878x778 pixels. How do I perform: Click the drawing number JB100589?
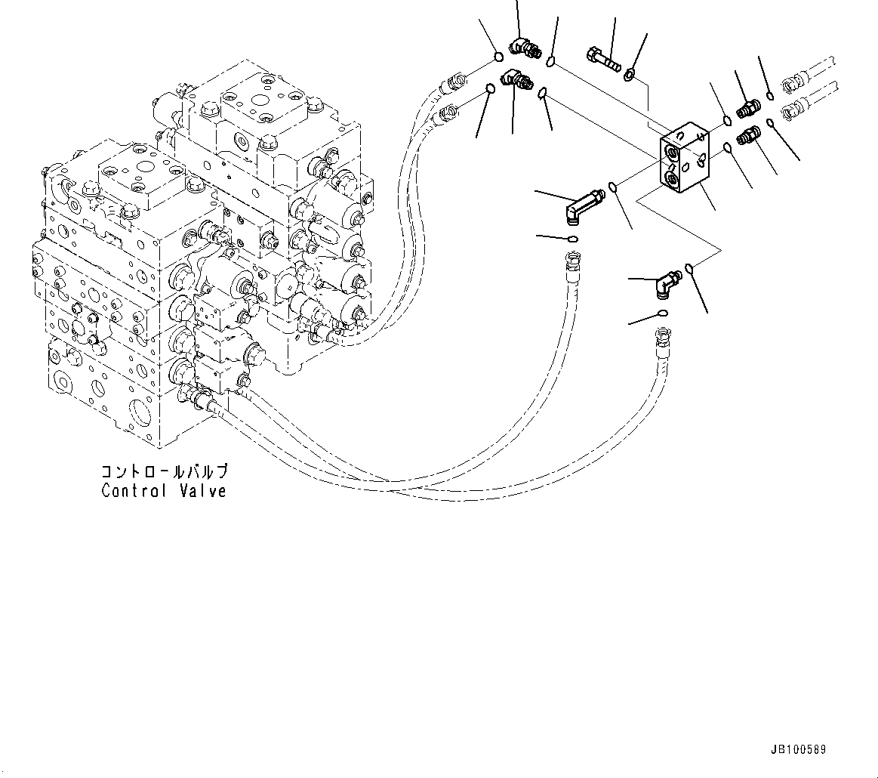798,750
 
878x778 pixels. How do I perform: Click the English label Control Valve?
164,491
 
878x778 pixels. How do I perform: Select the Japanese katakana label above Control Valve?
164,472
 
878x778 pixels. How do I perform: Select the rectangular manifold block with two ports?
685,163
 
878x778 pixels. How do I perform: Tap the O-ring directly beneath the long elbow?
574,240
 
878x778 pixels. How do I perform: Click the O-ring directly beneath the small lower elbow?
662,313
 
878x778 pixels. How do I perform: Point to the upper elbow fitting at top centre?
522,48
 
